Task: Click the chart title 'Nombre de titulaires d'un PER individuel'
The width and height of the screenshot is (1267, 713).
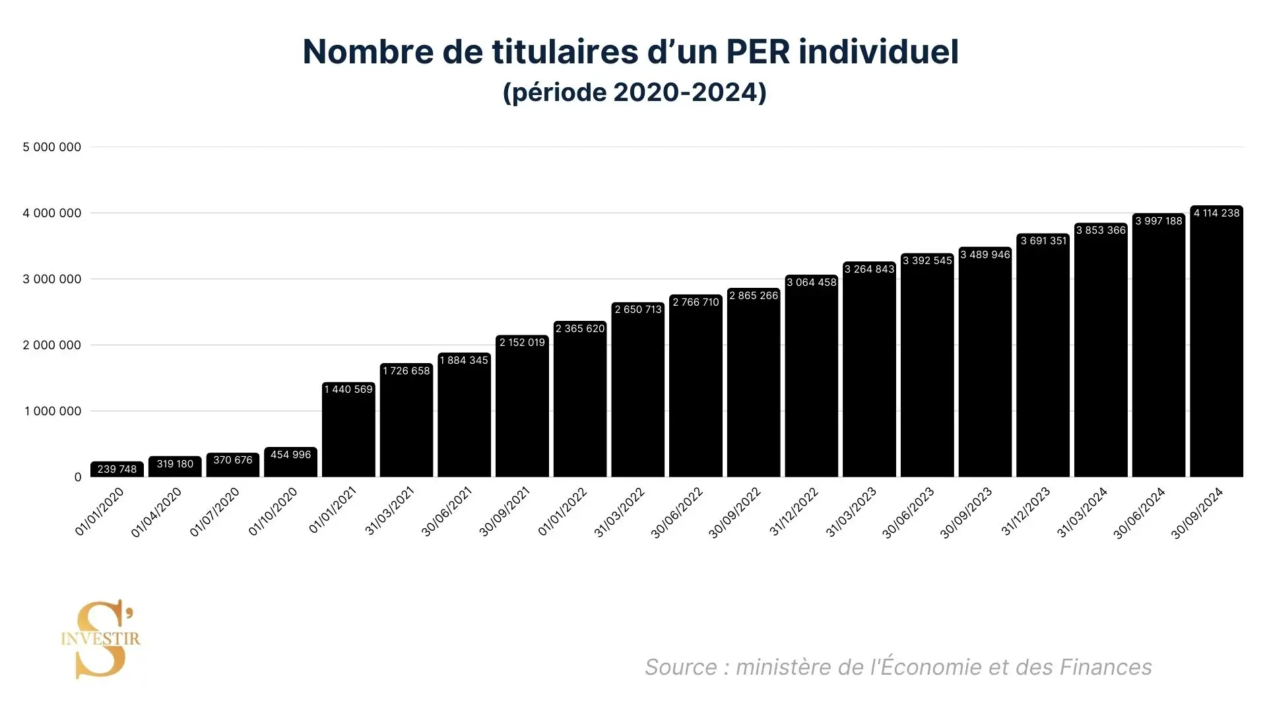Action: pos(630,51)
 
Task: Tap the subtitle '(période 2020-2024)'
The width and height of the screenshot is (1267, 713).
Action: pos(634,92)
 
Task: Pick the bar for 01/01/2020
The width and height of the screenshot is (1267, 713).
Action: pos(117,470)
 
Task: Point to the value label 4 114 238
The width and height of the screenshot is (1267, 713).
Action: pos(1216,213)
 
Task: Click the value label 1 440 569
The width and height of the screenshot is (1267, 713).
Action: pos(348,390)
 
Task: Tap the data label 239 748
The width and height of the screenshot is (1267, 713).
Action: pos(117,469)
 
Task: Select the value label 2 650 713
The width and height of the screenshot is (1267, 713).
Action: pos(637,310)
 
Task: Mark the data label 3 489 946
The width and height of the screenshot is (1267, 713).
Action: pos(985,255)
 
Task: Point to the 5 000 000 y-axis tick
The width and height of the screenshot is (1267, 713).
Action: pos(52,147)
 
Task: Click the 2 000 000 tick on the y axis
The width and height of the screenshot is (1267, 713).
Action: pos(52,345)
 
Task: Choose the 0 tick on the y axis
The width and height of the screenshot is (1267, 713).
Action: pos(78,477)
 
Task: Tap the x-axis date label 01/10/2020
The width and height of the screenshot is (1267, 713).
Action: pos(273,512)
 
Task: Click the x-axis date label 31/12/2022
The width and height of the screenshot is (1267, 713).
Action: pos(794,512)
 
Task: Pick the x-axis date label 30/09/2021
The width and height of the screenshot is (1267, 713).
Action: pos(505,512)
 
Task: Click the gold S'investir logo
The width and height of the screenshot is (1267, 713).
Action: pos(101,639)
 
